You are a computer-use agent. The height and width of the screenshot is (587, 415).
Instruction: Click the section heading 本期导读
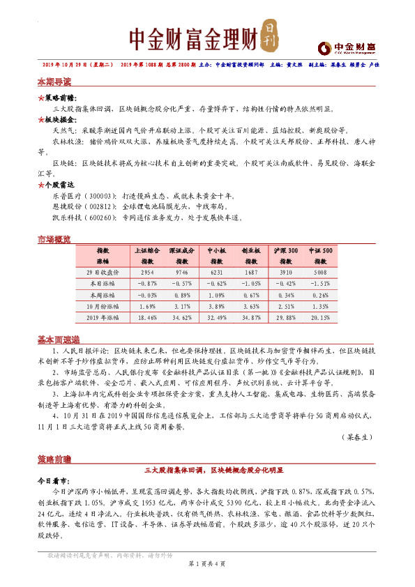coord(54,82)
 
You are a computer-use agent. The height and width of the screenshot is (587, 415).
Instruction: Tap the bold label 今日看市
coord(53,481)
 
